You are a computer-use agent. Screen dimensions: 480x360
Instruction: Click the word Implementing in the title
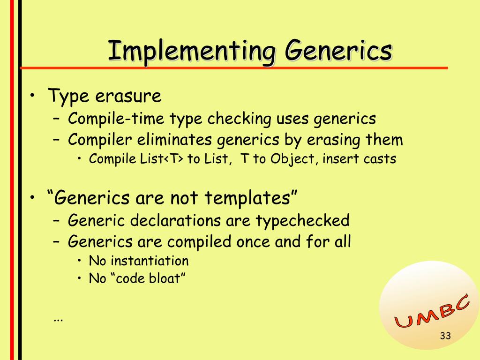(192, 51)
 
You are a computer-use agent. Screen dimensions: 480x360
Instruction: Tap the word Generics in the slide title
(338, 50)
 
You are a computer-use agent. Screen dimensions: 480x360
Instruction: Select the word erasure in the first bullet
(128, 96)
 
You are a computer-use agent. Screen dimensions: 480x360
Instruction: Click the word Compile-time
(116, 119)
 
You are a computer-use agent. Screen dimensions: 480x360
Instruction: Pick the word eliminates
(174, 140)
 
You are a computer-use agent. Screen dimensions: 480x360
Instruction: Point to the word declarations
(175, 220)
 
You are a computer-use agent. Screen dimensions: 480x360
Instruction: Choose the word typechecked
(302, 221)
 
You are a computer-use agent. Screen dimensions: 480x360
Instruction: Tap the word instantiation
(150, 261)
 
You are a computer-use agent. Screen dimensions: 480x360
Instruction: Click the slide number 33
(445, 336)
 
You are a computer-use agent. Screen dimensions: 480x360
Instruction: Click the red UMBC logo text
(432, 311)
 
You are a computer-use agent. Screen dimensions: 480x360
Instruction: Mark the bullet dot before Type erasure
(32, 96)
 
